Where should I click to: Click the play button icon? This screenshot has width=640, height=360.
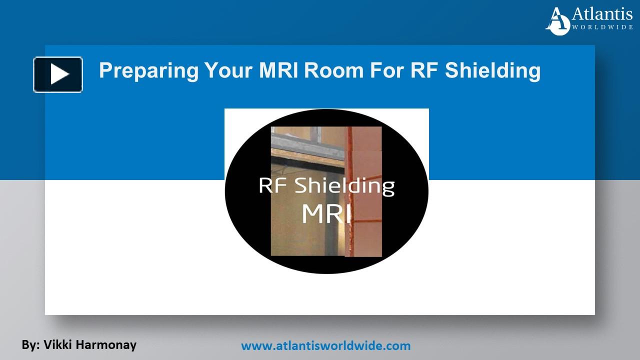click(58, 74)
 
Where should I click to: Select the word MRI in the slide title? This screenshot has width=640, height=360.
click(278, 70)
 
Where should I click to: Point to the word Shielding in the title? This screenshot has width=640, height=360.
click(492, 70)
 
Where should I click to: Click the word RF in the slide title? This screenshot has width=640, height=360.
click(424, 70)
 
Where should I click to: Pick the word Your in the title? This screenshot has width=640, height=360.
click(228, 70)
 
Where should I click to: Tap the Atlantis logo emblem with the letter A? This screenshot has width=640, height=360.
click(557, 21)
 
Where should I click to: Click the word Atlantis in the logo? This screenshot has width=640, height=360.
click(602, 14)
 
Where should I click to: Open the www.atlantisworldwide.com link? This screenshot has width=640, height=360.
click(325, 345)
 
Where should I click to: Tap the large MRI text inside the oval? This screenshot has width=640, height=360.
click(326, 213)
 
